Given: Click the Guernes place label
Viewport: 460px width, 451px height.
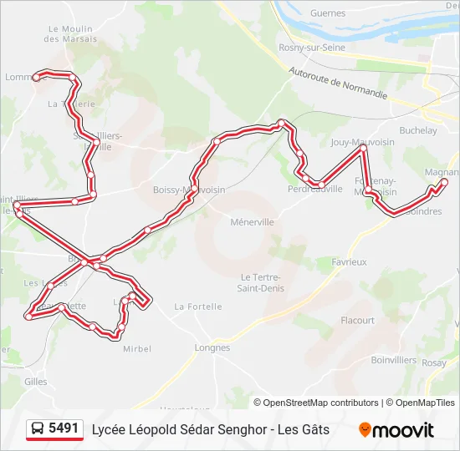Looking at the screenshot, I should pyautogui.click(x=328, y=13).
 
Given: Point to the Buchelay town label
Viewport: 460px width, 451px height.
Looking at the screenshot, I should pyautogui.click(x=418, y=130).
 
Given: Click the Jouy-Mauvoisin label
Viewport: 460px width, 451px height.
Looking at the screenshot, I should pyautogui.click(x=362, y=143).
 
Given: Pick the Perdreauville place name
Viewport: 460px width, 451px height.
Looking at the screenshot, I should pyautogui.click(x=314, y=189).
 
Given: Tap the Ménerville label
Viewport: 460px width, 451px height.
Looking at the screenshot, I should pyautogui.click(x=252, y=223).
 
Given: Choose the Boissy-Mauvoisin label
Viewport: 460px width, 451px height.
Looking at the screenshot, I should pyautogui.click(x=189, y=190).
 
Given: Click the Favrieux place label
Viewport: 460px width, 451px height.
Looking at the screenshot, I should pyautogui.click(x=349, y=261).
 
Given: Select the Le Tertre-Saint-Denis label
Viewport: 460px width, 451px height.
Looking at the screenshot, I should pyautogui.click(x=262, y=282).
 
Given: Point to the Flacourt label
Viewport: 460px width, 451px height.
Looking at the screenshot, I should pyautogui.click(x=357, y=320).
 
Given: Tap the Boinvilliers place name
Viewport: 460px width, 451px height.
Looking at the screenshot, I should pyautogui.click(x=393, y=360).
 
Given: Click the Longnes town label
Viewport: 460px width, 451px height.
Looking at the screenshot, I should pyautogui.click(x=212, y=347).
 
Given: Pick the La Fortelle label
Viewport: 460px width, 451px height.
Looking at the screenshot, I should pyautogui.click(x=198, y=307).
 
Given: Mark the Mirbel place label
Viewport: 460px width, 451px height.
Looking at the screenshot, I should pyautogui.click(x=137, y=348).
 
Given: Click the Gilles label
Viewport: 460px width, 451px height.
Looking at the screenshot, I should pyautogui.click(x=36, y=381).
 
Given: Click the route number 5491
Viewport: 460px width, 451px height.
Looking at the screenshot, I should pyautogui.click(x=64, y=428).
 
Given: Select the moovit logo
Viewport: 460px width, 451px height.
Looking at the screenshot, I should pyautogui.click(x=396, y=430).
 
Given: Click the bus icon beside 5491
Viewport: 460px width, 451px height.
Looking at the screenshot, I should pyautogui.click(x=38, y=429).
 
